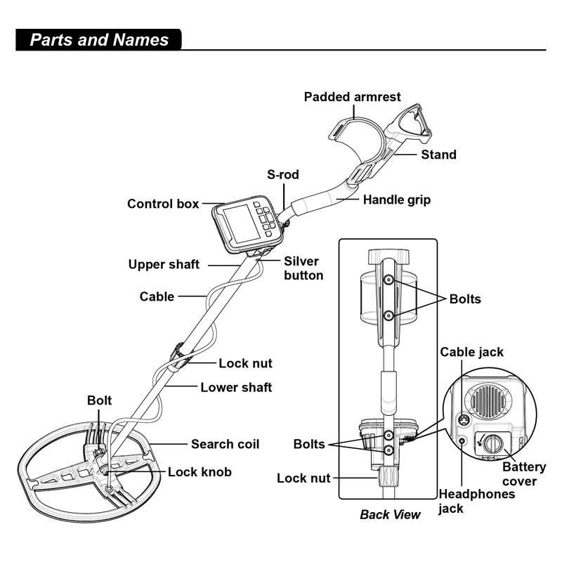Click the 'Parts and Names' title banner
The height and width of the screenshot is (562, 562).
(x=99, y=39)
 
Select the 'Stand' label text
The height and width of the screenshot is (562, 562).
(x=438, y=155)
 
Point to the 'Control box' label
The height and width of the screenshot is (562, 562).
(x=163, y=204)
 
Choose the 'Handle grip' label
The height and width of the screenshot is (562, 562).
(x=396, y=200)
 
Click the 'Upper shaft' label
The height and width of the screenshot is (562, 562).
(x=164, y=265)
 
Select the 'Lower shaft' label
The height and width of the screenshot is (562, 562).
(x=236, y=387)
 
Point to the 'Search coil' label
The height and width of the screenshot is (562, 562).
(x=225, y=444)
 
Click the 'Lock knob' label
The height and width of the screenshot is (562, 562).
(x=200, y=472)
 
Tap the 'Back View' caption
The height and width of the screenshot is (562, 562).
(x=390, y=514)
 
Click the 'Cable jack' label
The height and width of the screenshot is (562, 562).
(x=471, y=351)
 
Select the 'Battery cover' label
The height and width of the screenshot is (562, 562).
(x=519, y=473)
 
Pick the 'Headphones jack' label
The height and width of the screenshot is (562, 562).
(x=476, y=500)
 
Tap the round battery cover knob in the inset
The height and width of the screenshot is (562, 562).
(x=495, y=443)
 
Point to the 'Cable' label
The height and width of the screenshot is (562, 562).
(x=157, y=296)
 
